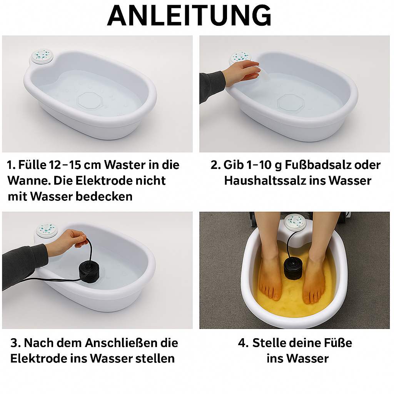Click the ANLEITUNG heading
tap(189, 16)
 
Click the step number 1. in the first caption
tap(12, 165)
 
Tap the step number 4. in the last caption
tap(243, 343)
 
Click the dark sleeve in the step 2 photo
tap(211, 86)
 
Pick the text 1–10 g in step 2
tap(258, 165)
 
